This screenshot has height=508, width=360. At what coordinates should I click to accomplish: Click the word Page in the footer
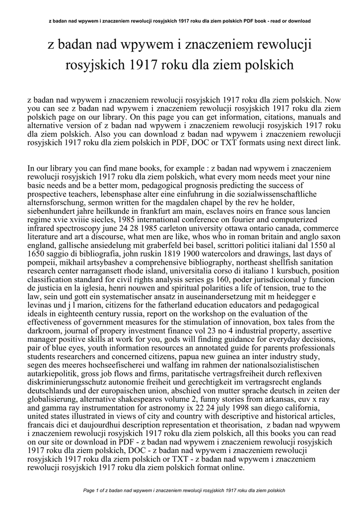[89, 490]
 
